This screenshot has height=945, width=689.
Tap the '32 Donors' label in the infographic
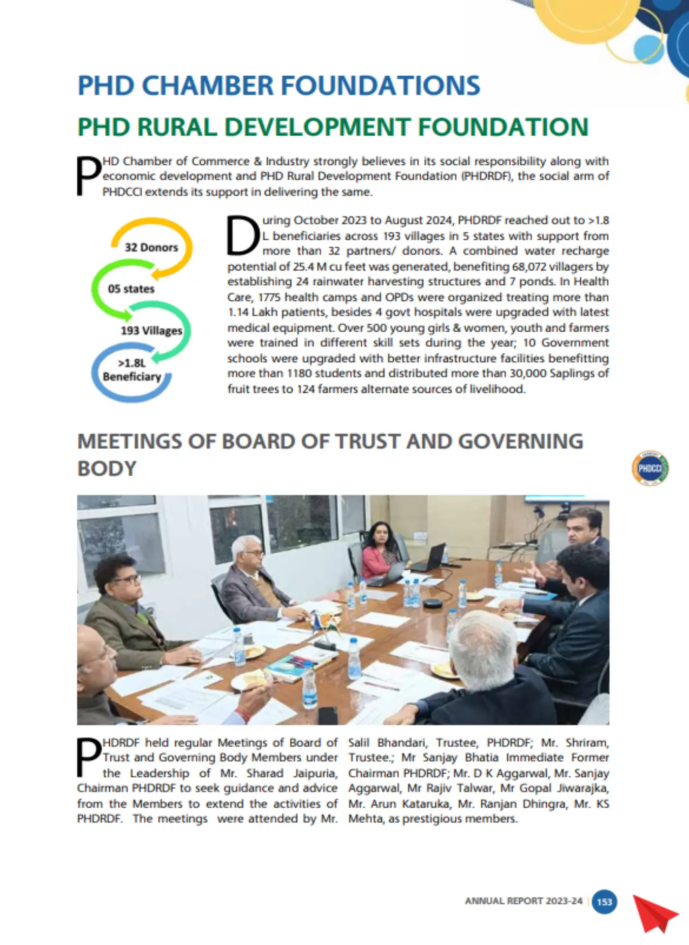151,247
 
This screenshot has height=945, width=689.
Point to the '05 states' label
131,289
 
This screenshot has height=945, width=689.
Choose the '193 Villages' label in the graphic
151,330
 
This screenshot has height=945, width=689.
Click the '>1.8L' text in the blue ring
131,363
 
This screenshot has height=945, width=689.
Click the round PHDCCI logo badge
650,468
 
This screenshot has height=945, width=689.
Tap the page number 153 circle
604,902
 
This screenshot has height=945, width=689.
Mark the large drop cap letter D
243,236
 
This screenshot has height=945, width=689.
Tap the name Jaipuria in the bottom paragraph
315,773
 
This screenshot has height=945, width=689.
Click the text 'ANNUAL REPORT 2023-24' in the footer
523,901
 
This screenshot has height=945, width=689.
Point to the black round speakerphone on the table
433,603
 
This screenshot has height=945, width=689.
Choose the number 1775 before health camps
269,297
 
